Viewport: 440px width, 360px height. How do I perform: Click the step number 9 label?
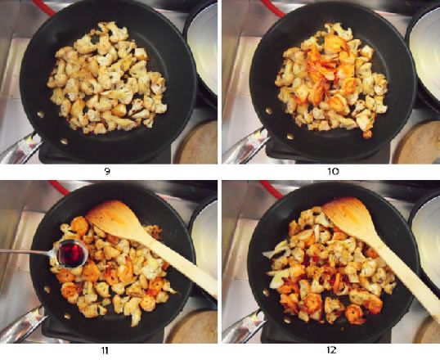click(x=107, y=172)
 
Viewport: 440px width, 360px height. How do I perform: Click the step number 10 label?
click(x=334, y=172)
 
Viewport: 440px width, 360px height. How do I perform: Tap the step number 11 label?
click(x=105, y=350)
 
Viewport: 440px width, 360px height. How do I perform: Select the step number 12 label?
click(x=331, y=350)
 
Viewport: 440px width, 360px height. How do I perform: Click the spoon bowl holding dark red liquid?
click(x=73, y=254)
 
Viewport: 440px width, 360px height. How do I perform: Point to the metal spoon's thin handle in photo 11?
click(x=27, y=253)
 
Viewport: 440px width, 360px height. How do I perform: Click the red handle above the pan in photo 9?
click(x=44, y=7)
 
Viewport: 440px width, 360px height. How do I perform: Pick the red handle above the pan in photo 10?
click(x=272, y=7)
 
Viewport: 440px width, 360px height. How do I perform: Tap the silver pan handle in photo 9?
click(x=20, y=151)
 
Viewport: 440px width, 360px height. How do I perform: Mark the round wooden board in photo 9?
click(x=196, y=143)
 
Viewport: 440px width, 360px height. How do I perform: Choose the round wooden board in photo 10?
click(x=418, y=143)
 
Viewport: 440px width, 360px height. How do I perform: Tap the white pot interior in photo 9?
click(x=204, y=47)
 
